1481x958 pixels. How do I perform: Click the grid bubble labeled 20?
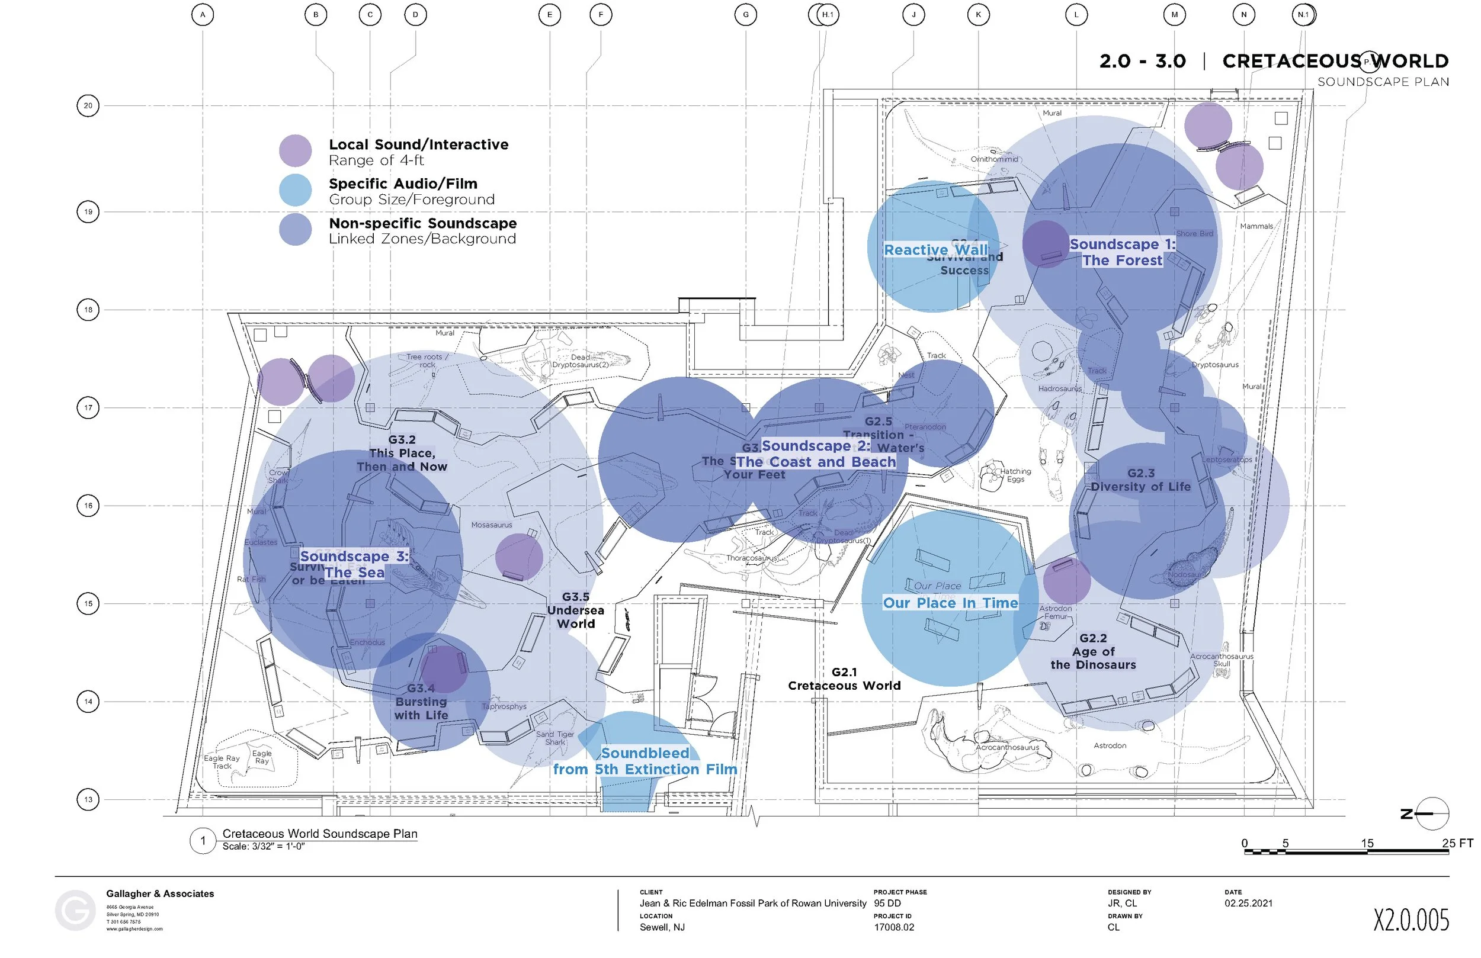88,106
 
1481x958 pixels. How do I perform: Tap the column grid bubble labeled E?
550,15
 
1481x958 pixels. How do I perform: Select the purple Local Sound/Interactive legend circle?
295,150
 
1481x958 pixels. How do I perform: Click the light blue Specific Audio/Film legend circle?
295,190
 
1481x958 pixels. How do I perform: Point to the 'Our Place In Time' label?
950,603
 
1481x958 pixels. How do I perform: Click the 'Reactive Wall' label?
935,250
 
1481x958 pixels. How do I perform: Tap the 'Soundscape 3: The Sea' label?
354,564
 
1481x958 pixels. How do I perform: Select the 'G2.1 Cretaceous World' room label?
844,679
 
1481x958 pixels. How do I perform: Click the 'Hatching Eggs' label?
1015,475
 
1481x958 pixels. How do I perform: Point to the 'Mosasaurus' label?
492,525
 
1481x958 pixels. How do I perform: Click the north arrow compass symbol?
1432,813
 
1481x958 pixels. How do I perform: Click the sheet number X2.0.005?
1411,920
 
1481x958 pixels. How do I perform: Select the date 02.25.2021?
1248,904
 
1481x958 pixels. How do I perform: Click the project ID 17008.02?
893,927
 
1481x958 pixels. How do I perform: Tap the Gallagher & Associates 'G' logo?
75,911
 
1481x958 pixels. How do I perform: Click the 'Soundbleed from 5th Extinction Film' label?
645,761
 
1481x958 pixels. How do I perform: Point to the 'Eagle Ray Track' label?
222,762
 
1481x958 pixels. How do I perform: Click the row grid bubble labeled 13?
88,799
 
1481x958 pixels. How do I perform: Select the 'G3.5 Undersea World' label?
576,610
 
